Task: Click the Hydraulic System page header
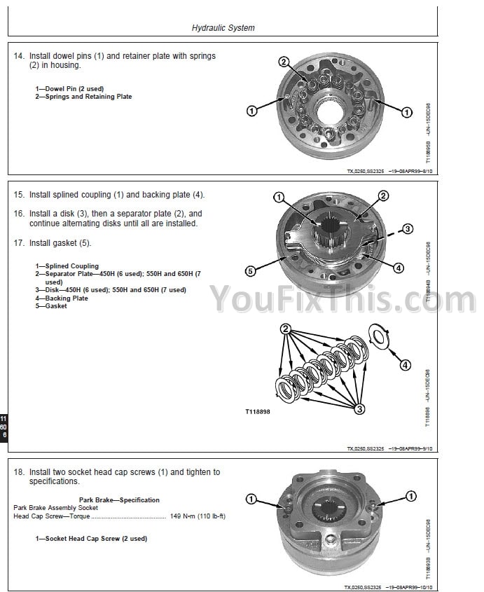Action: click(223, 28)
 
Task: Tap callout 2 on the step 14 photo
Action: click(284, 62)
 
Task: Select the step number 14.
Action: click(19, 56)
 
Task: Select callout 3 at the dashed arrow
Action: click(408, 228)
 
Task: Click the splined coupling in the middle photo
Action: click(329, 231)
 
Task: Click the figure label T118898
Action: click(257, 412)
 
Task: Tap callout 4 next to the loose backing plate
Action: click(405, 364)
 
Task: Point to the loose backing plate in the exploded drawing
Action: click(379, 334)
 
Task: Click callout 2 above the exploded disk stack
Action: click(285, 329)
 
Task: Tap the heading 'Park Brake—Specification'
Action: click(119, 500)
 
